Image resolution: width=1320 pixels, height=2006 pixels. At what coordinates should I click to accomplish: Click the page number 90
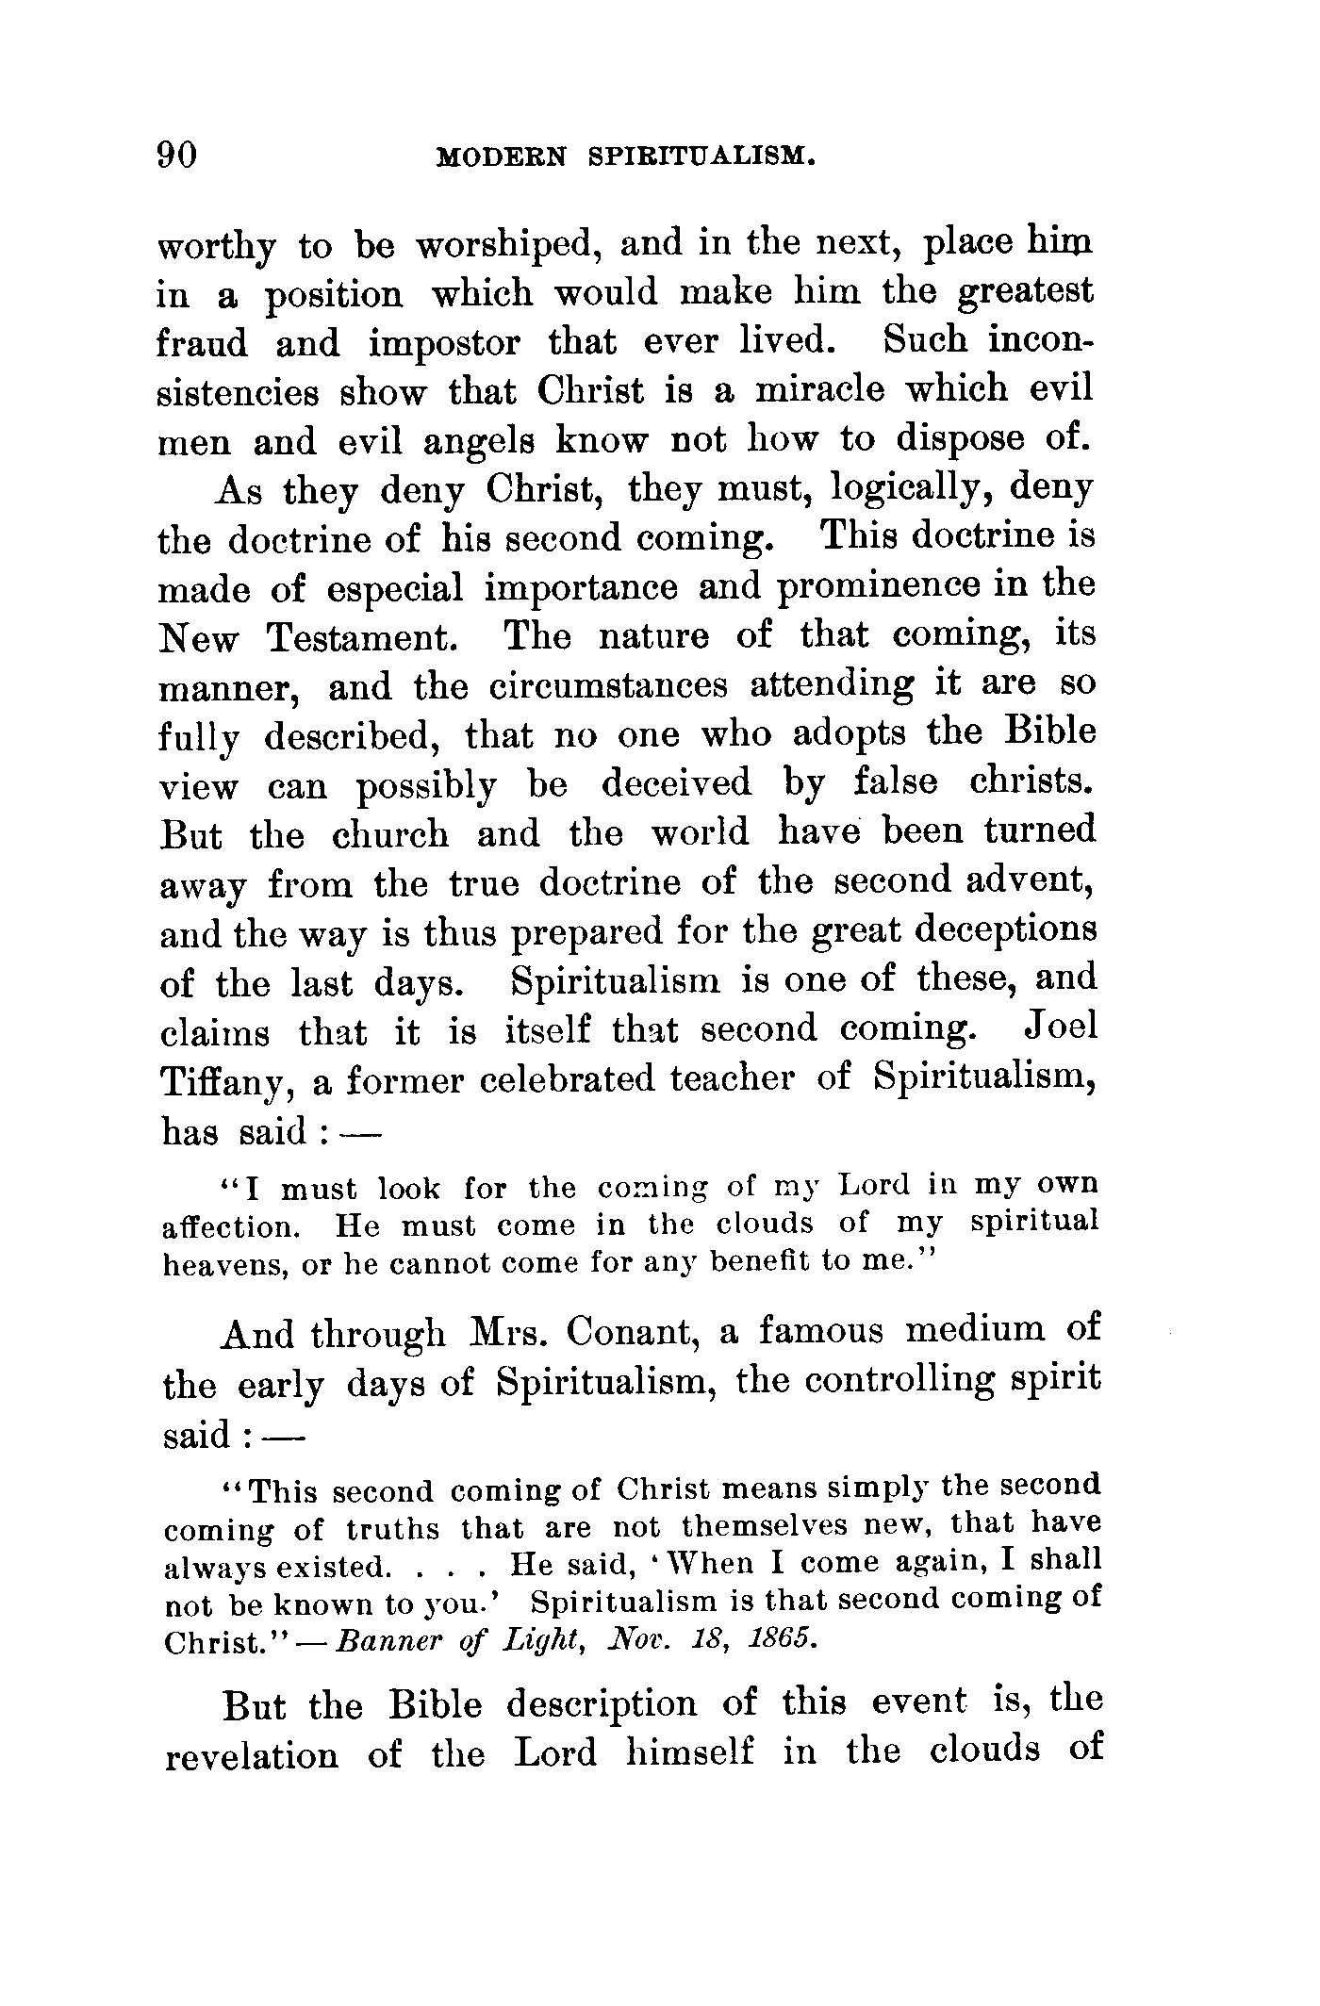pos(176,154)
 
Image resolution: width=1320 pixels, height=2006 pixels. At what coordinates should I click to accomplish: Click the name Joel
pos(1060,1027)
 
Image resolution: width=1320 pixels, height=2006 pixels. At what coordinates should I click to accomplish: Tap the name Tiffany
pos(226,1080)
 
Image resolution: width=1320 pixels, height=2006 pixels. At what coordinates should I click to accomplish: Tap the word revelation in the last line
pos(251,1754)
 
